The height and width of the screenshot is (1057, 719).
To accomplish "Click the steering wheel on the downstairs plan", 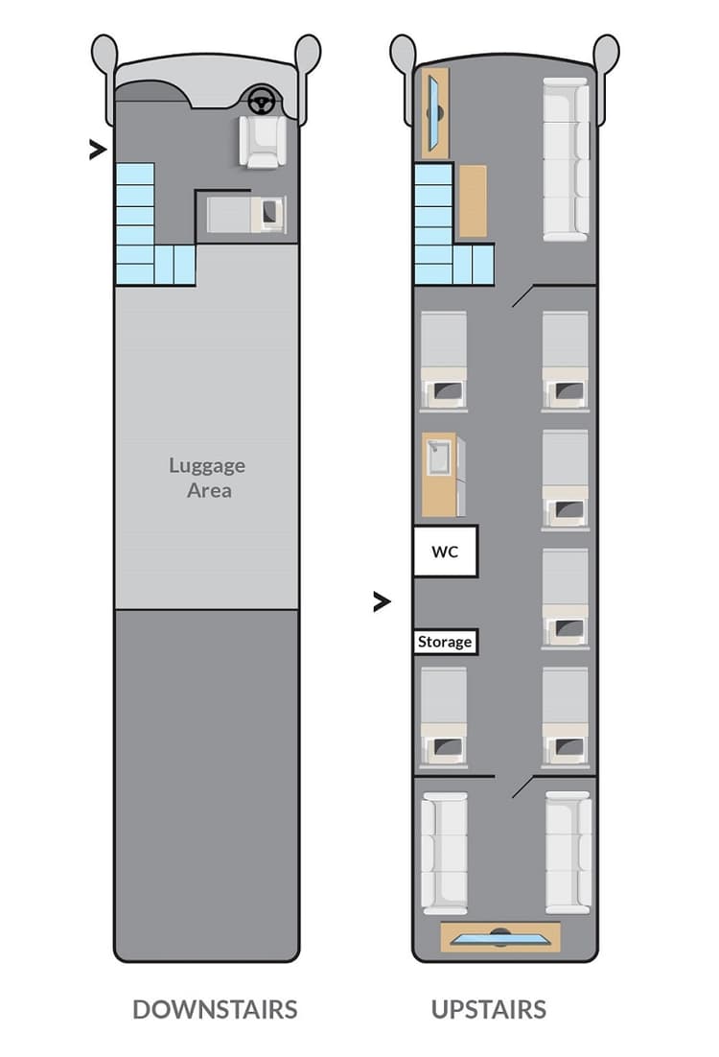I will click(x=260, y=99).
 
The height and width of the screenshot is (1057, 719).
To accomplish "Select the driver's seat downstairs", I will click(x=262, y=141).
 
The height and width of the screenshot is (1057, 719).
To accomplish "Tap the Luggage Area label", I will click(x=207, y=478).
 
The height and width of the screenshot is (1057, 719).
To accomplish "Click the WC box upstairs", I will click(x=445, y=552).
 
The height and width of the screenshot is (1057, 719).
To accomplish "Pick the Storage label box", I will click(x=445, y=642).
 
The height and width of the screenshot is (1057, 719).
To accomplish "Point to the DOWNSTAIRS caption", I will click(x=215, y=1009).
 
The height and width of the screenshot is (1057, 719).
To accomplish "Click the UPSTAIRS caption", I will click(x=489, y=1009).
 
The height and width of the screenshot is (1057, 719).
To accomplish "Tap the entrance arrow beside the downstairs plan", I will click(x=97, y=150).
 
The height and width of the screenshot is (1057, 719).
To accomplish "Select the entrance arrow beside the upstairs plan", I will click(x=382, y=601).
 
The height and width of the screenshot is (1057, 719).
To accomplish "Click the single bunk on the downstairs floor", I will click(x=245, y=214).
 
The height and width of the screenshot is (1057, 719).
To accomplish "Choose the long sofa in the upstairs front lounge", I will click(x=567, y=158).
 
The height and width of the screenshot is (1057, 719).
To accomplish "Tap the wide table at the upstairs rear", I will click(x=499, y=937).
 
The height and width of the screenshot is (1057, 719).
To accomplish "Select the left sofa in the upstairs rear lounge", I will click(x=444, y=852).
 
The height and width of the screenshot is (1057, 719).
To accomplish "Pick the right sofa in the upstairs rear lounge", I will click(x=568, y=852).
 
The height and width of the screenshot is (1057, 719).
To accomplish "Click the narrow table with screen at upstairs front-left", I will click(x=434, y=113).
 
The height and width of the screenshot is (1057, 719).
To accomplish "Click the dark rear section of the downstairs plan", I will click(x=207, y=782).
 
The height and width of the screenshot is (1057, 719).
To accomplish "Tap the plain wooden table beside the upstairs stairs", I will click(x=472, y=201).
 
